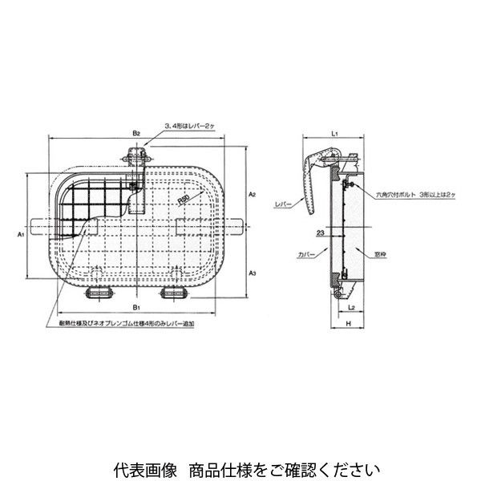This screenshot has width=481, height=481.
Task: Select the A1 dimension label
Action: click(20, 235)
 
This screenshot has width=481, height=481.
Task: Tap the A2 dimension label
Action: click(252, 195)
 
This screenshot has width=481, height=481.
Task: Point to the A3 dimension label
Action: click(252, 273)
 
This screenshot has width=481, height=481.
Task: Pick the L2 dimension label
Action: click(353, 306)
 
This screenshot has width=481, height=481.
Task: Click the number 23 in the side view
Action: click(320, 233)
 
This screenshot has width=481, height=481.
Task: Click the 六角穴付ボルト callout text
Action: click(401, 193)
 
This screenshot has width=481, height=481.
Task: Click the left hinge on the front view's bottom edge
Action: click(99, 291)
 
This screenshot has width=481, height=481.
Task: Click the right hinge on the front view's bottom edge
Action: click(174, 291)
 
